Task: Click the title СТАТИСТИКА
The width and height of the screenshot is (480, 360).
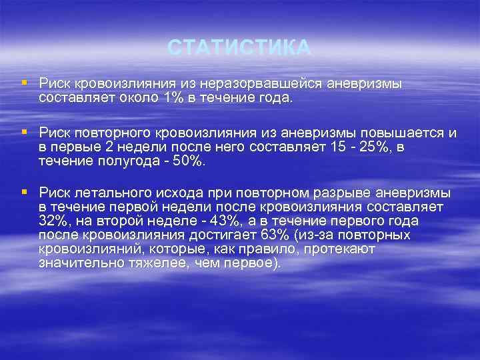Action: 239,48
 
